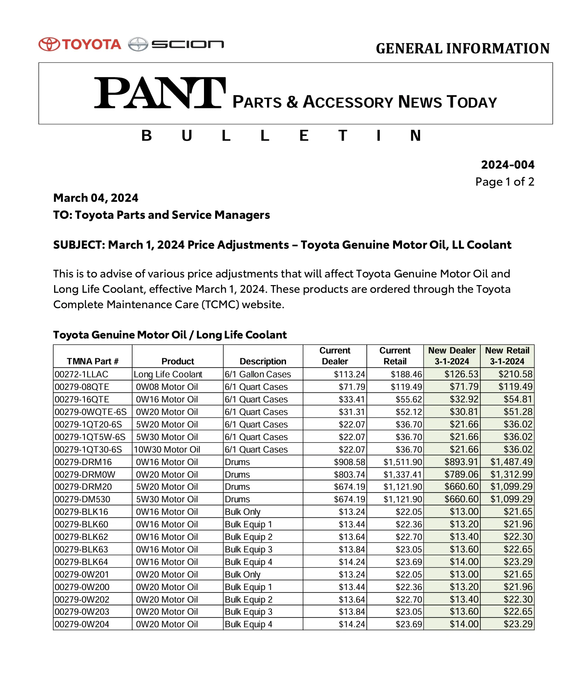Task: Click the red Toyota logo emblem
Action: pos(49,44)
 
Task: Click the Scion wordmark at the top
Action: pos(187,44)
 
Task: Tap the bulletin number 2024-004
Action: pos(507,165)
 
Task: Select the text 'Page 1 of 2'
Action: pos(505,182)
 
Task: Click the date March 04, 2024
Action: pos(96,198)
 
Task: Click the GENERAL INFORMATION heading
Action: pos(463,49)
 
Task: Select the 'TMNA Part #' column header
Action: pos(93,361)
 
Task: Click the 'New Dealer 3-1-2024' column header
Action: pos(452,356)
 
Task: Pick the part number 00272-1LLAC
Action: pos(82,374)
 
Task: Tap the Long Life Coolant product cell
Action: pos(168,374)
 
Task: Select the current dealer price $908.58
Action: pos(349,462)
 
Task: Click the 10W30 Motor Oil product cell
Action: pos(167,449)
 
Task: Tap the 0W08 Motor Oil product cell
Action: pos(167,387)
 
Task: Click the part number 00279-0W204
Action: pos(82,624)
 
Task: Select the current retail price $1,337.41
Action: pos(403,474)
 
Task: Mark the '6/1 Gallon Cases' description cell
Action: pos(258,374)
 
